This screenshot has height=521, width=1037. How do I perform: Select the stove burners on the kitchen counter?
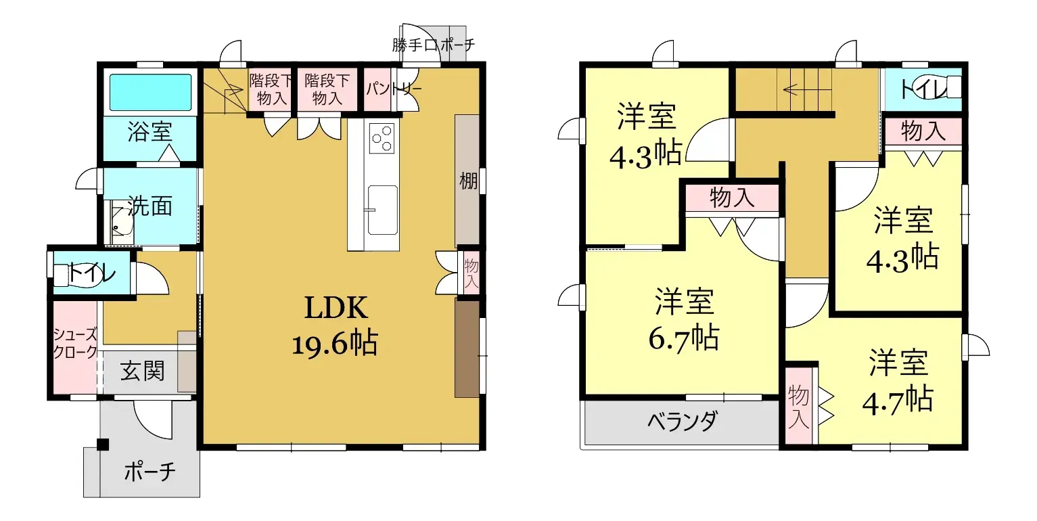pyautogui.click(x=382, y=137)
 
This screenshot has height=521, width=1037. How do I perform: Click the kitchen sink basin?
pyautogui.click(x=382, y=209)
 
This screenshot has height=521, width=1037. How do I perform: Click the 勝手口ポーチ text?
pyautogui.click(x=433, y=45)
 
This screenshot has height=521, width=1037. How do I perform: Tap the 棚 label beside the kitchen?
pyautogui.click(x=468, y=181)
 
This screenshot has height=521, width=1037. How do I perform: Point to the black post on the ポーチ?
pyautogui.click(x=102, y=445)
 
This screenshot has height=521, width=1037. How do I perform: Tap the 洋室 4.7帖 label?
pyautogui.click(x=898, y=382)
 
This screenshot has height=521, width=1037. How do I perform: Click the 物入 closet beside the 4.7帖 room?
pyautogui.click(x=799, y=406)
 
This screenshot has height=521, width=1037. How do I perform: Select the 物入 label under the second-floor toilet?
pyautogui.click(x=923, y=131)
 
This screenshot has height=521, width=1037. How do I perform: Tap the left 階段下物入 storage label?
pyautogui.click(x=270, y=89)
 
